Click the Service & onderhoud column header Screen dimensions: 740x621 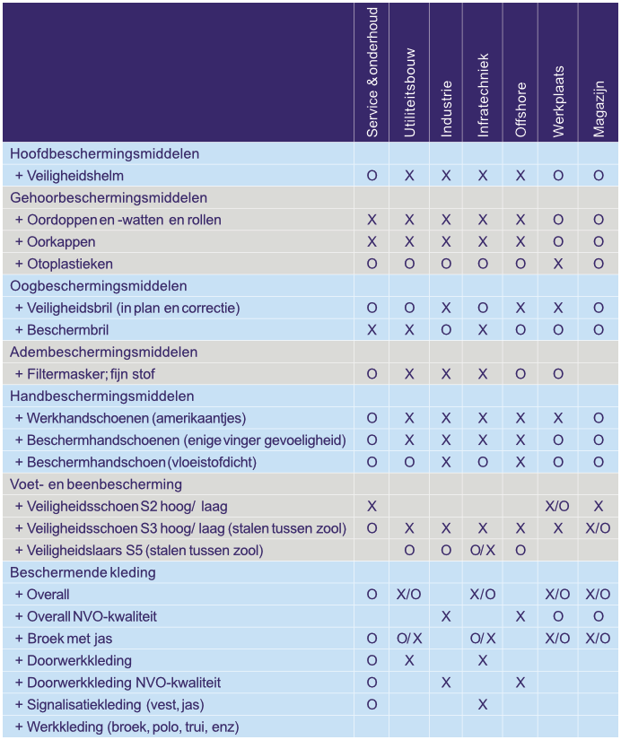tap(372, 73)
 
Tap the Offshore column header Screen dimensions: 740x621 tap(520, 110)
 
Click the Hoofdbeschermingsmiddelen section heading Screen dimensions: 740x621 tap(105, 153)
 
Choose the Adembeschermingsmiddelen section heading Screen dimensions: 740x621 tap(103, 352)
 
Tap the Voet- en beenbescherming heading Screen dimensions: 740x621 tap(96, 484)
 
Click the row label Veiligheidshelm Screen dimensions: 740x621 tap(75, 176)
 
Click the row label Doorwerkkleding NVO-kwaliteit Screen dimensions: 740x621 tap(124, 683)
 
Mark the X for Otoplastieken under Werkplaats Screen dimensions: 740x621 tap(558, 264)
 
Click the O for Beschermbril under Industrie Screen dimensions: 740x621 tap(446, 330)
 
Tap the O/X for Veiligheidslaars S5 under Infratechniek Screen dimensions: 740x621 tap(483, 550)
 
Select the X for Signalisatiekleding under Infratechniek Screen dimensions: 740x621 tap(483, 705)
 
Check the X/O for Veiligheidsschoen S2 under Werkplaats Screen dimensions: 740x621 tap(558, 506)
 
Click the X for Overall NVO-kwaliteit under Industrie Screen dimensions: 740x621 tap(446, 616)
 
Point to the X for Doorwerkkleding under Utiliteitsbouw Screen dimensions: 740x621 tap(409, 660)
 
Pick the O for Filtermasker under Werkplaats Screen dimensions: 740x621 tap(558, 374)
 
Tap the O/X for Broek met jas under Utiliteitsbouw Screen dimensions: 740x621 tap(409, 639)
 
